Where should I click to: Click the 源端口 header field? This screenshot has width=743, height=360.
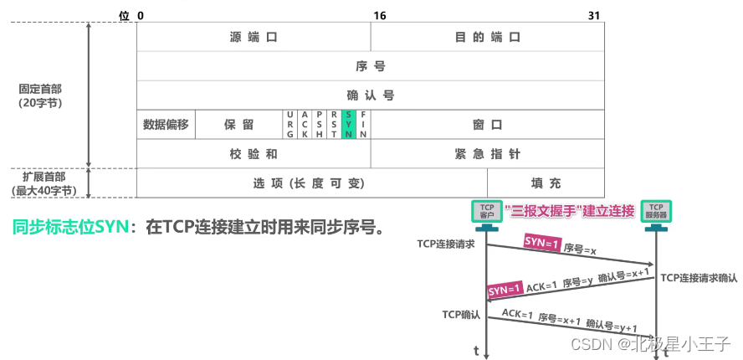pos(253,38)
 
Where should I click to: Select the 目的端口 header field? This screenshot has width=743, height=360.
pos(487,38)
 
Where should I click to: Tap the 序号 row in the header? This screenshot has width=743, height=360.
pos(370,66)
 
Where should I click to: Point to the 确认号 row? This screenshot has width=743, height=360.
pos(370,95)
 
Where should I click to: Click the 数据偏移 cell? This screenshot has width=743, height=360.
pos(166,124)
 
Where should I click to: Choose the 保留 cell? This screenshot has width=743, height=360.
pos(238,124)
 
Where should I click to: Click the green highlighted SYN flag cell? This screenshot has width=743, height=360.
pos(349,124)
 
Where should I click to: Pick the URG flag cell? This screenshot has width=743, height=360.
pos(290,124)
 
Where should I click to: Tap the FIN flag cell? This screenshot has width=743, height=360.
pos(363,124)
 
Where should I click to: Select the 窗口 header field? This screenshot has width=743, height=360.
pos(487,124)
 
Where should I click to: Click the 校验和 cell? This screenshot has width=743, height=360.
pos(253,154)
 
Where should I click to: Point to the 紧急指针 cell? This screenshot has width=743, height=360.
pos(487,154)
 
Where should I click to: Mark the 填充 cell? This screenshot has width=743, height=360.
pos(546,183)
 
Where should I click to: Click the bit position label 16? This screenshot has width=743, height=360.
pos(379,16)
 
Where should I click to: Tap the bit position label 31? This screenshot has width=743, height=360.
pos(594,16)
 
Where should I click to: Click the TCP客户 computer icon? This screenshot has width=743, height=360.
pos(486,212)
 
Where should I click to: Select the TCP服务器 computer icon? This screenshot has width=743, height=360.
pos(656,212)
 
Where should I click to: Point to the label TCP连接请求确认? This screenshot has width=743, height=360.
pos(699,277)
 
